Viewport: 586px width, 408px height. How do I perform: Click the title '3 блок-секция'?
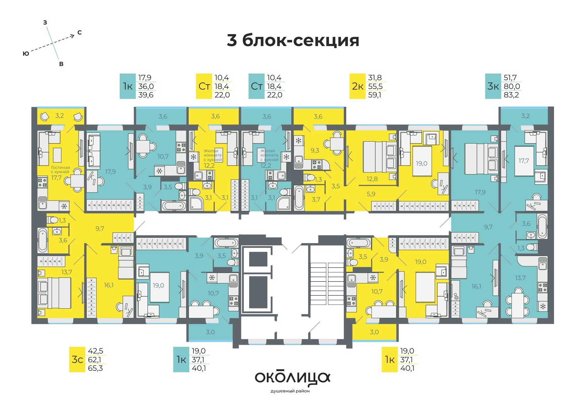293,41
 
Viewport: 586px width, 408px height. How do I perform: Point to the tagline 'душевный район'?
290,391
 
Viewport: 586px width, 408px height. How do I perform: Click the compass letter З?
45,22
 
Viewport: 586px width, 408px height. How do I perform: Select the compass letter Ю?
26,54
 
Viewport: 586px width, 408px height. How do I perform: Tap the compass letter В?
61,64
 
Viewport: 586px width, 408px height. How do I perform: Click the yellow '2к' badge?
357,86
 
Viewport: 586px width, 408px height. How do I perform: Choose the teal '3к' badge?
493,86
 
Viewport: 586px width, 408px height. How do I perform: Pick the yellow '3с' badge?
77,360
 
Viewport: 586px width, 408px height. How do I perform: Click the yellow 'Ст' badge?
204,86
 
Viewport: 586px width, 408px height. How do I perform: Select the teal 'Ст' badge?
256,86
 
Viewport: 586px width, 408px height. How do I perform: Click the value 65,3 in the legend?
95,368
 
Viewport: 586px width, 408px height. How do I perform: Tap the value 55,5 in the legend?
375,86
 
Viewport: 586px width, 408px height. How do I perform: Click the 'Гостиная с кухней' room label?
60,169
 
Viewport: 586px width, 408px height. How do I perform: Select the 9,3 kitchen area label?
314,150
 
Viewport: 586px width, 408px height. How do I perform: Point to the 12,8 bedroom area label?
372,179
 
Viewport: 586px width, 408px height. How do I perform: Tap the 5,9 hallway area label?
371,194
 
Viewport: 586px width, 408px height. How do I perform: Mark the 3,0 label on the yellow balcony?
374,332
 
